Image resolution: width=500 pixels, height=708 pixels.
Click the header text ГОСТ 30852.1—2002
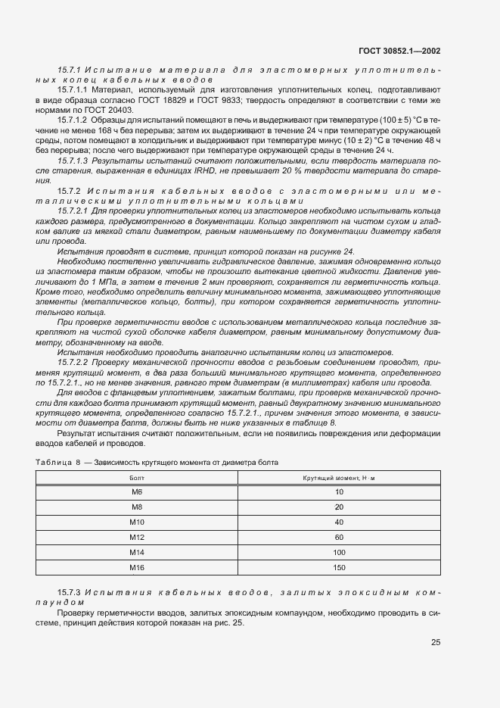[399, 51]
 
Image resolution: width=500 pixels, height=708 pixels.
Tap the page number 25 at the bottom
[436, 642]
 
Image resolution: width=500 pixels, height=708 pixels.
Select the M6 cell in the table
[137, 492]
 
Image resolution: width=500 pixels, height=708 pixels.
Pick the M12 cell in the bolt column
[137, 537]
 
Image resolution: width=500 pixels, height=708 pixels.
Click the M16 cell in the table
[137, 567]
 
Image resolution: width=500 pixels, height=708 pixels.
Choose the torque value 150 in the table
[338, 567]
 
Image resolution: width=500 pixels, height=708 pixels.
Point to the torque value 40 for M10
[338, 522]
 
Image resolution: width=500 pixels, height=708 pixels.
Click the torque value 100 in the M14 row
[338, 552]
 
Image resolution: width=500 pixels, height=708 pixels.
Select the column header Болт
[137, 479]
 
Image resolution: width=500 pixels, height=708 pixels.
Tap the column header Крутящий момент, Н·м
[338, 479]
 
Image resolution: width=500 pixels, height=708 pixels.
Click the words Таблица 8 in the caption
[58, 461]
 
